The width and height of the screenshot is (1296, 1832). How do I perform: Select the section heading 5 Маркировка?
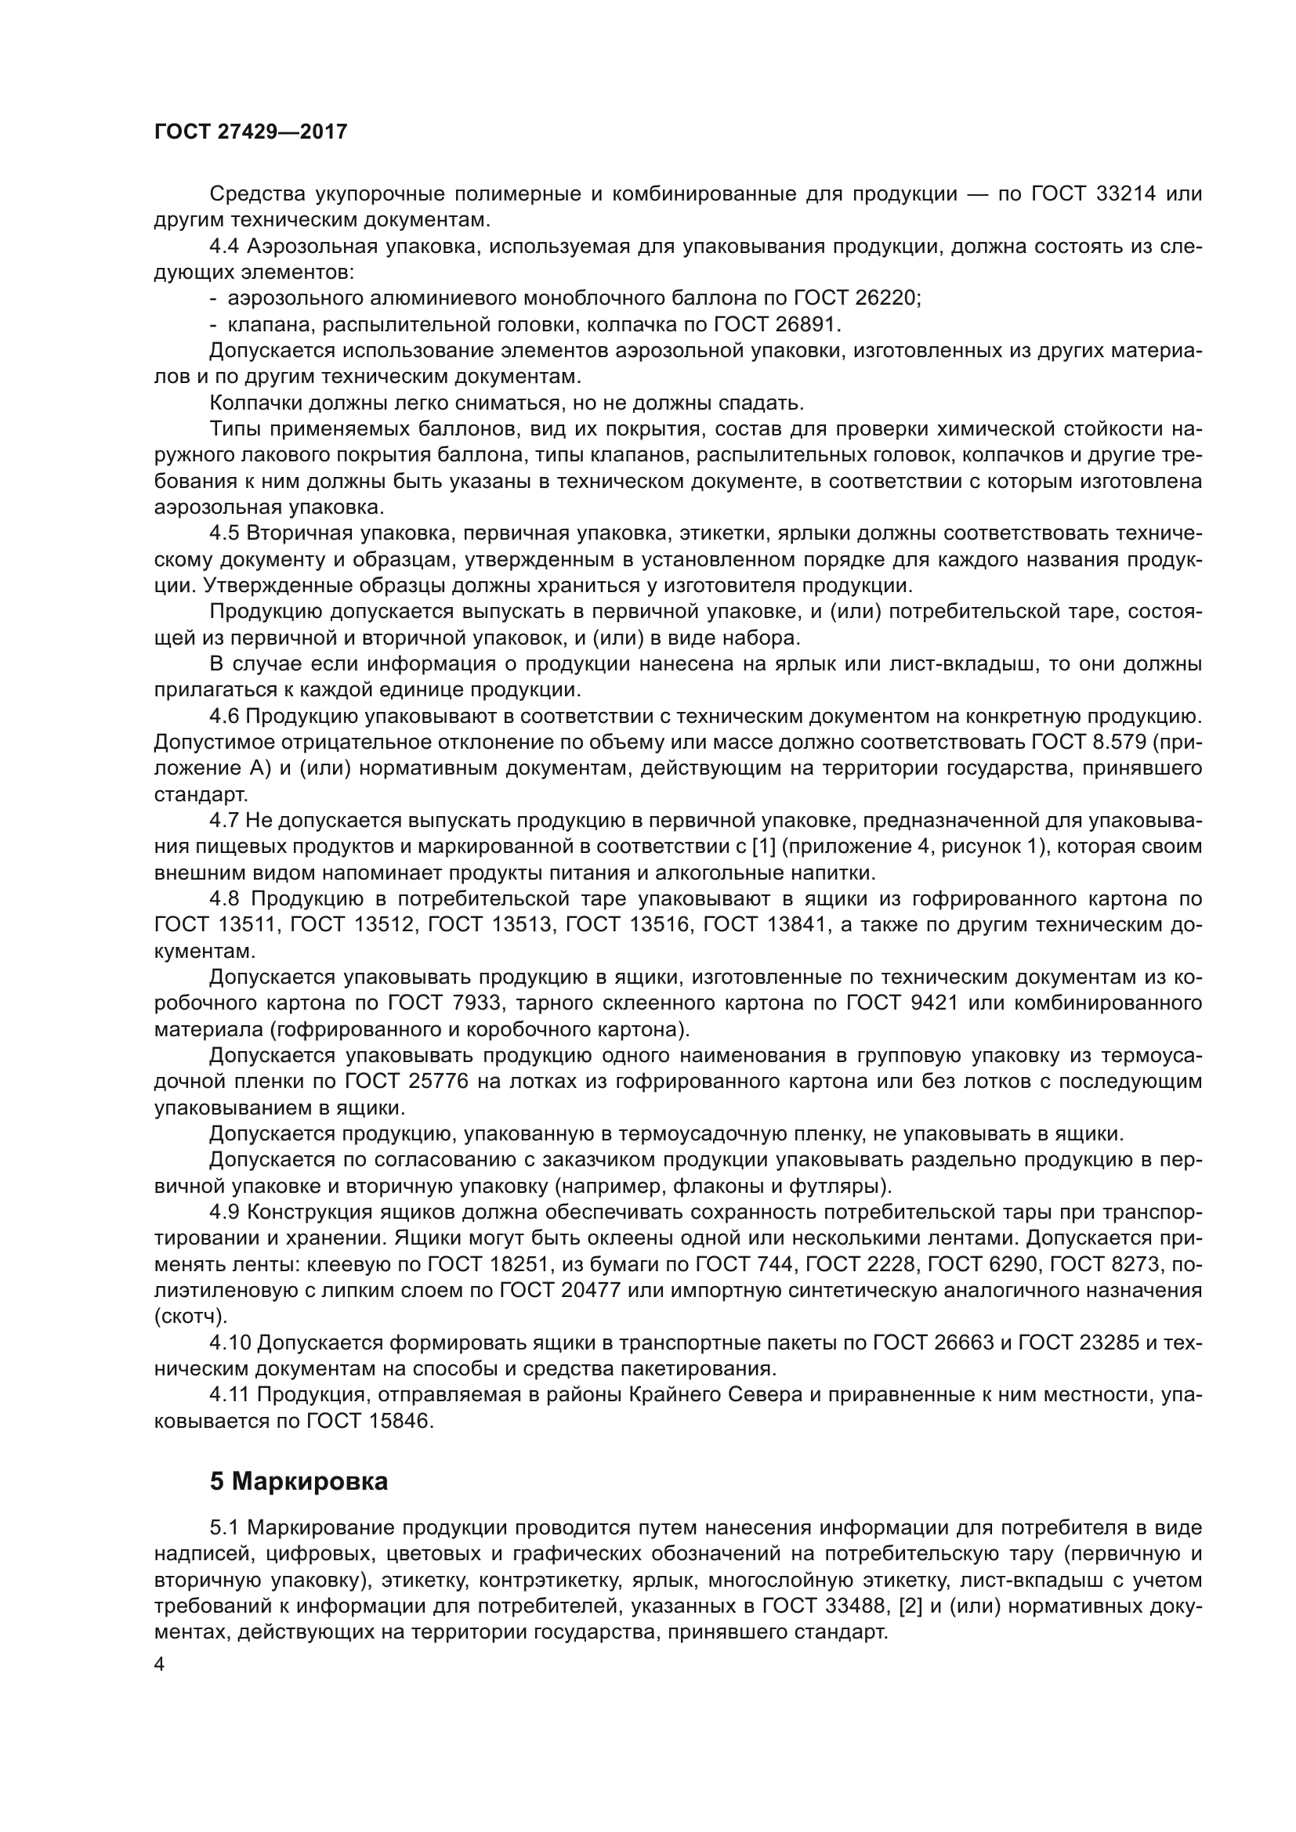point(299,1482)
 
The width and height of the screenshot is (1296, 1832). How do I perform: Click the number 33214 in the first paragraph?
point(1122,194)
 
